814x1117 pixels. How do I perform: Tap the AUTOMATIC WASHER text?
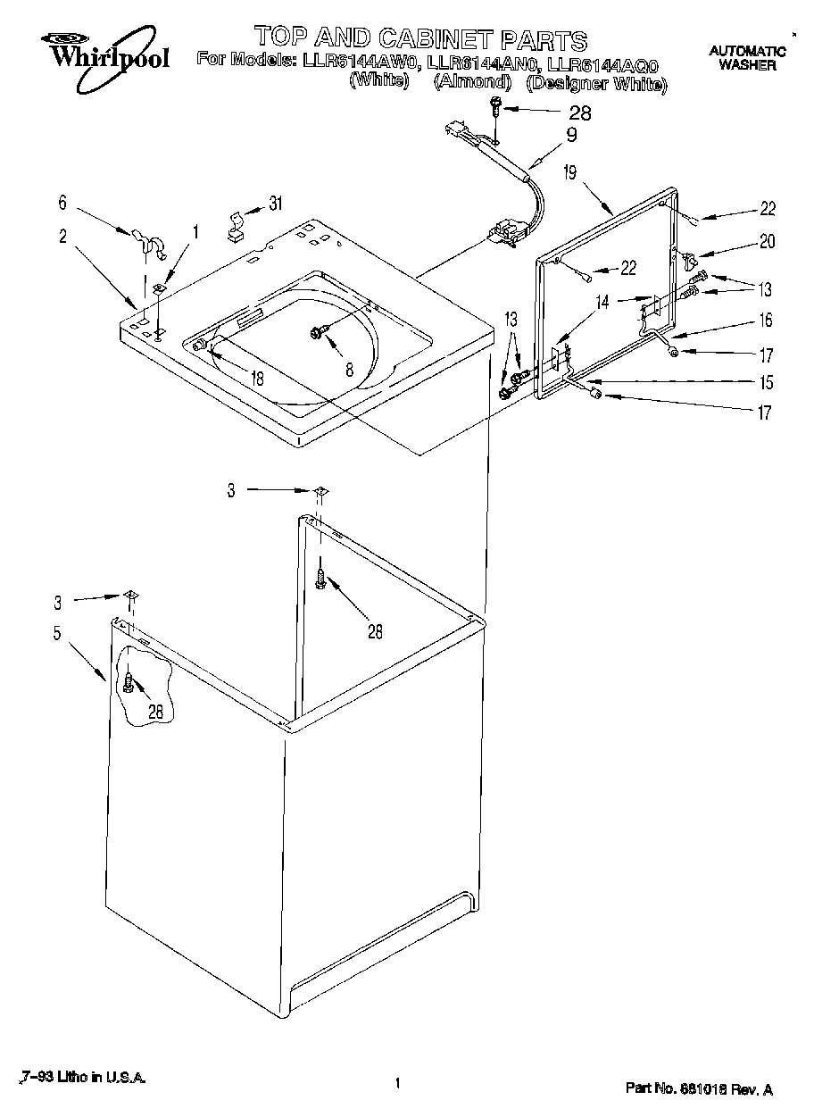[x=747, y=58]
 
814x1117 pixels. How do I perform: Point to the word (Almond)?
[x=472, y=83]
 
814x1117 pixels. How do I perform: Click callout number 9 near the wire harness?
[x=571, y=136]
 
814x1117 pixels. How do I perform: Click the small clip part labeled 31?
[x=236, y=226]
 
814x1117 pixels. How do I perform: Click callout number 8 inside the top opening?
[x=349, y=367]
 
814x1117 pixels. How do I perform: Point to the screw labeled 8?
[x=317, y=332]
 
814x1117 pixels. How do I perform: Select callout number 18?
[x=257, y=379]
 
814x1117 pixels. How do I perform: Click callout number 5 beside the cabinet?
[x=57, y=635]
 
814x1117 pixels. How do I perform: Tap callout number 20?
[x=767, y=241]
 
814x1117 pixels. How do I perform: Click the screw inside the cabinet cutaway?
[x=129, y=682]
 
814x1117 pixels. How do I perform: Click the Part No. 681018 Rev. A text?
[x=698, y=1089]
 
